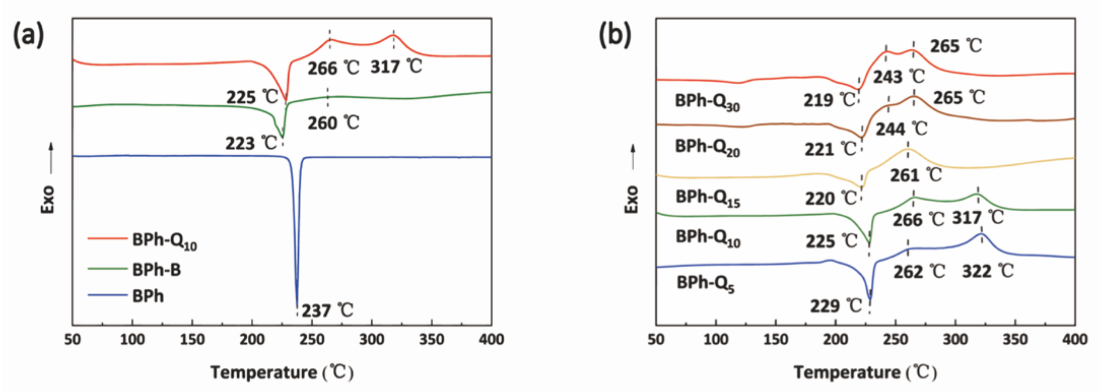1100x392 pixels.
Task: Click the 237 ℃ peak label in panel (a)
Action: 328,310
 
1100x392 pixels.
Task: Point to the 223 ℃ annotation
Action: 252,143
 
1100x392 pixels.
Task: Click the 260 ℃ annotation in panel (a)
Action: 334,123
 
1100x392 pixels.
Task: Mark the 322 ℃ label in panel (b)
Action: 988,271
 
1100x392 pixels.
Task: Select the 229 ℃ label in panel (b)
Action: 836,306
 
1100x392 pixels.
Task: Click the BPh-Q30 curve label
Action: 707,102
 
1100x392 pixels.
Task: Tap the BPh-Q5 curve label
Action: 706,284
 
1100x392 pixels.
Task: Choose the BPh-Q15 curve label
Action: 707,198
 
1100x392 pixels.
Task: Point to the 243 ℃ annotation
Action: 899,77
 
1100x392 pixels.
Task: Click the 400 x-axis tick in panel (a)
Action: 491,339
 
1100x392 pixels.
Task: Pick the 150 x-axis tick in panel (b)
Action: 775,339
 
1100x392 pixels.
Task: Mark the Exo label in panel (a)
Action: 48,199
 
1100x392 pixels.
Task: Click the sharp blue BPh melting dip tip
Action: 297,306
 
